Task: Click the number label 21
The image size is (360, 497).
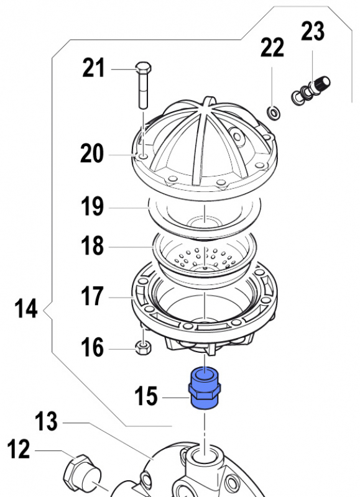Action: [94, 68]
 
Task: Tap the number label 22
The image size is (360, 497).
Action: [272, 47]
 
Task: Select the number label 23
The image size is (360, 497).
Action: [313, 31]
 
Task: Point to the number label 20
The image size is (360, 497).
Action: [92, 153]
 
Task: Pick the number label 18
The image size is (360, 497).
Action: [93, 246]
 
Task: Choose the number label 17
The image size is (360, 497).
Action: [93, 296]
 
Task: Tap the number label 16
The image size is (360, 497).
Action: [93, 347]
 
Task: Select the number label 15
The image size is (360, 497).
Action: [147, 396]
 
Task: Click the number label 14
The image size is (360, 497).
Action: [26, 309]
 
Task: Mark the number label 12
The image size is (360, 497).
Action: [19, 449]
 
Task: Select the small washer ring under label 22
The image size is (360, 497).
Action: [272, 112]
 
